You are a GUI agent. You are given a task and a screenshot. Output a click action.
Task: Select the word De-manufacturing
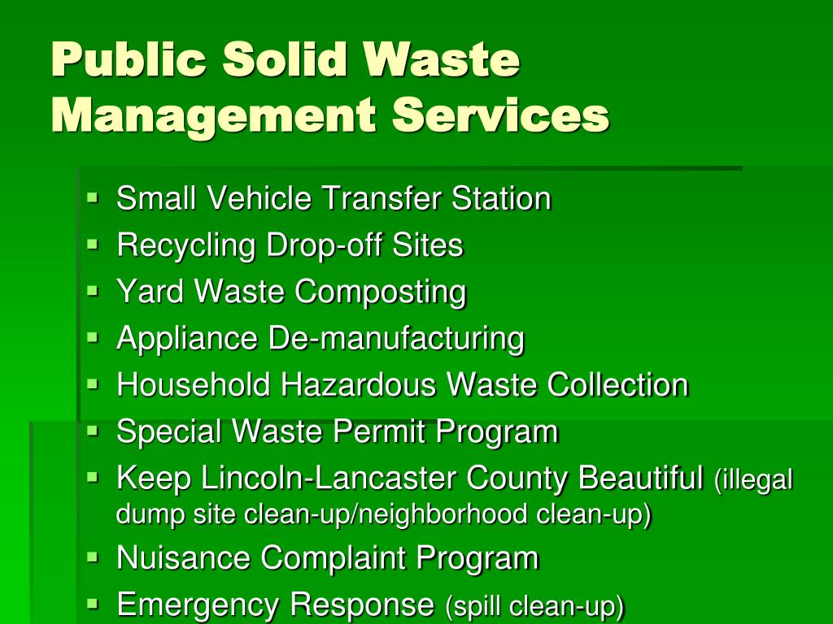click(397, 338)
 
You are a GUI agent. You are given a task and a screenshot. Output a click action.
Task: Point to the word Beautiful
click(641, 478)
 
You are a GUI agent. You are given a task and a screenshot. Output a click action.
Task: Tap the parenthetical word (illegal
click(753, 479)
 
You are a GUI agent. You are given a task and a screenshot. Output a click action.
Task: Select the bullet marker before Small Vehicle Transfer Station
click(93, 197)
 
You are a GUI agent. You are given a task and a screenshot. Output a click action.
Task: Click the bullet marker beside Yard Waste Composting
click(93, 290)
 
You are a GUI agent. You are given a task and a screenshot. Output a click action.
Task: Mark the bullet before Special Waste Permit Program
click(93, 430)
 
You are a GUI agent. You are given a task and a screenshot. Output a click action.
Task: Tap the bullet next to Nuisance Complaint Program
click(93, 557)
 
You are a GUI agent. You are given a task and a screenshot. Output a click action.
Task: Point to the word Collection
click(617, 384)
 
